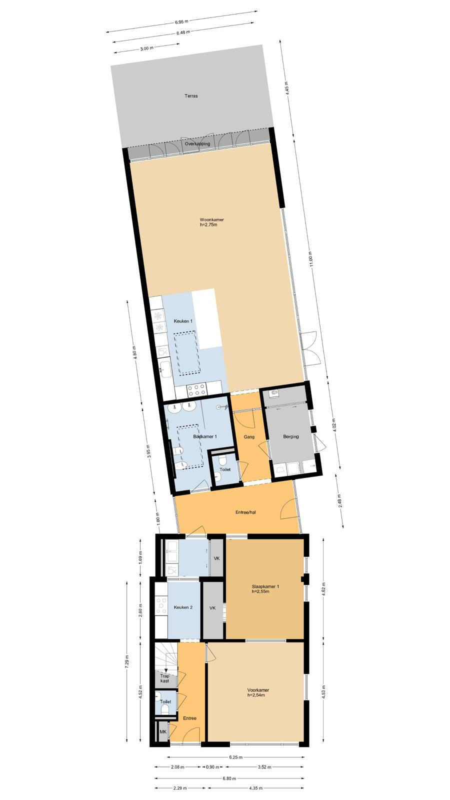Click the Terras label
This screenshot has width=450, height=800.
[x=191, y=95]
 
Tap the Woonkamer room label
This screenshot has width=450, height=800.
[x=212, y=219]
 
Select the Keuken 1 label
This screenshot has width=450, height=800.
[x=183, y=321]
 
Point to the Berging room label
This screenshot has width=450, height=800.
[x=290, y=436]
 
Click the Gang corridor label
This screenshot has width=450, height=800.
[x=249, y=437]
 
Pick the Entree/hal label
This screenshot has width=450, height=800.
[x=245, y=512]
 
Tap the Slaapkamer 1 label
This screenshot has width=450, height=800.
[x=265, y=586]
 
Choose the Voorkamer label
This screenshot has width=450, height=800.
[x=258, y=689]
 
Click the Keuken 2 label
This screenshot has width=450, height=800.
[x=183, y=607]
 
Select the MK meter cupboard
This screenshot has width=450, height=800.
[x=163, y=732]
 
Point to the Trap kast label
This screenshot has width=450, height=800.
[x=164, y=678]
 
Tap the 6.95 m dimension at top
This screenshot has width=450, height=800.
[x=181, y=22]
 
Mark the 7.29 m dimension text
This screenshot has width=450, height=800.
[x=127, y=661]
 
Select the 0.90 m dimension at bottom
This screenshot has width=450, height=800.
[x=212, y=766]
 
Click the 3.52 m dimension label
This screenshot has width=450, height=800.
[x=264, y=766]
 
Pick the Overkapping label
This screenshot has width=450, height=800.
[x=197, y=143]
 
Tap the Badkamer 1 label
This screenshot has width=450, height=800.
[x=205, y=436]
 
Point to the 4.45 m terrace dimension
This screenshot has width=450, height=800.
[x=286, y=87]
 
